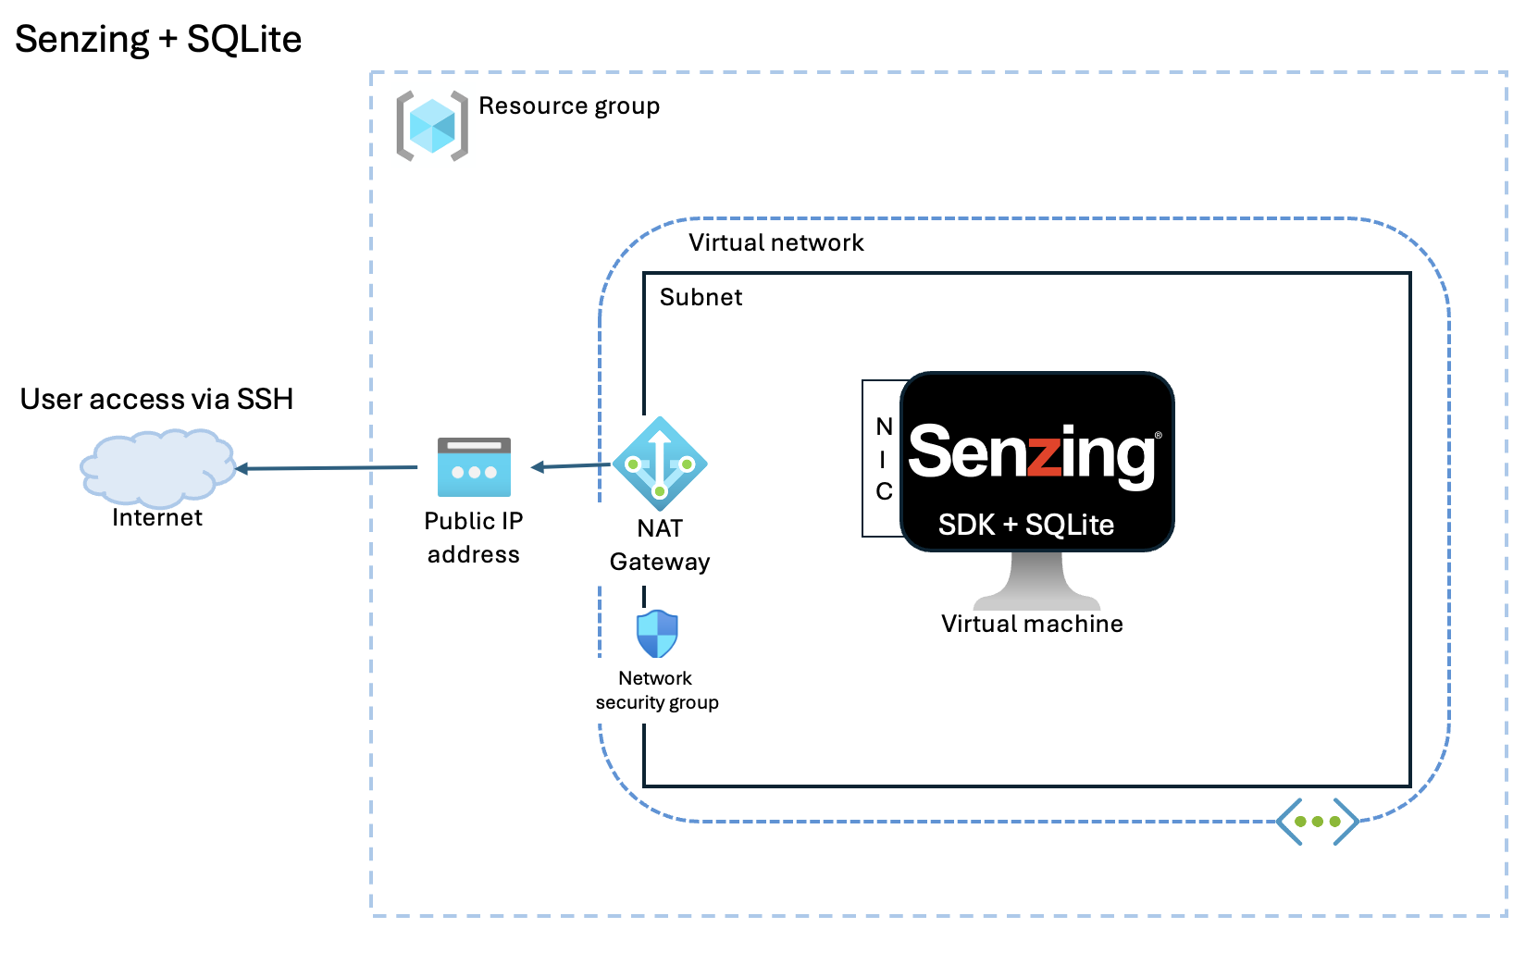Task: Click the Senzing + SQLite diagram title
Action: click(158, 39)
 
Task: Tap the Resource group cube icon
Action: click(432, 126)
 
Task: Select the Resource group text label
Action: click(568, 106)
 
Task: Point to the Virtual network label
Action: click(775, 242)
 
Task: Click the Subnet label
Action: click(701, 297)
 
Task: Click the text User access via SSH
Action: click(156, 399)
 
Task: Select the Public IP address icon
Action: click(474, 467)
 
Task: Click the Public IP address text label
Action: click(473, 538)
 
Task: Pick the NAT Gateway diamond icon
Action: click(660, 464)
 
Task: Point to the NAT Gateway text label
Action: click(660, 545)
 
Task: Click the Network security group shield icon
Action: click(657, 634)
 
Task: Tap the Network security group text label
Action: click(656, 690)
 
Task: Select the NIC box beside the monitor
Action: click(883, 458)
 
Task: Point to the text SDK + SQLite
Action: click(1025, 525)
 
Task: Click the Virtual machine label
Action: click(1032, 624)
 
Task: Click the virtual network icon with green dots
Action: click(1317, 821)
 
